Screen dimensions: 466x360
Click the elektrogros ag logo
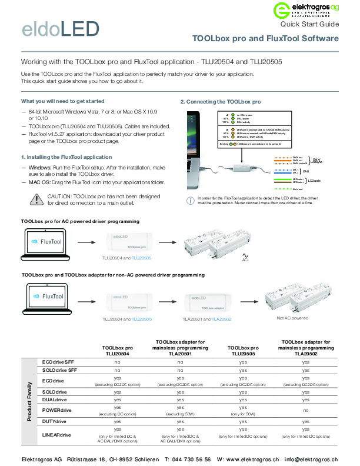pyautogui.click(x=306, y=10)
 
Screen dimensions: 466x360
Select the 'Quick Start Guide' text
pyautogui.click(x=309, y=25)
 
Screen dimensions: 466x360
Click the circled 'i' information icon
pyautogui.click(x=189, y=201)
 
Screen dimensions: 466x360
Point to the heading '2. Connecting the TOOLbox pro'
pyautogui.click(x=220, y=102)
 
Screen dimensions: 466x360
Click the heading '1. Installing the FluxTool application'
pyautogui.click(x=66, y=158)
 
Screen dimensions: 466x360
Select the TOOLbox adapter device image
pyautogui.click(x=212, y=302)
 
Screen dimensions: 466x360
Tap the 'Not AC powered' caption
pyautogui.click(x=276, y=318)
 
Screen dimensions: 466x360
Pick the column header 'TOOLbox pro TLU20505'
pyautogui.click(x=243, y=351)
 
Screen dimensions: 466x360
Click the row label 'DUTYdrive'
pyautogui.click(x=54, y=422)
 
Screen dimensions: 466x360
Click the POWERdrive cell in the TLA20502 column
pyautogui.click(x=306, y=410)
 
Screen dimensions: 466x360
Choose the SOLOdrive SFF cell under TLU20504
pyautogui.click(x=117, y=371)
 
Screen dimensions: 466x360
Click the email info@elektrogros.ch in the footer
pyautogui.click(x=311, y=459)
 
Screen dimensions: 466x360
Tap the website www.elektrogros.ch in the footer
pyautogui.click(x=248, y=459)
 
